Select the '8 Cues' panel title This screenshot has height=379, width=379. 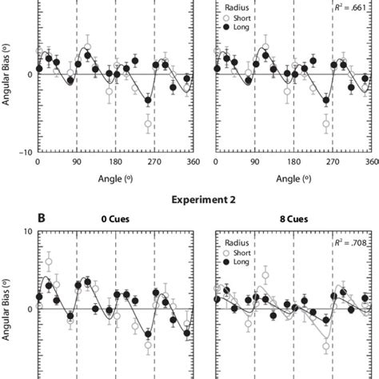(293, 217)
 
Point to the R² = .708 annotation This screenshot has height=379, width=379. (353, 237)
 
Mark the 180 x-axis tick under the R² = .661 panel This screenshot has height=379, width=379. (293, 161)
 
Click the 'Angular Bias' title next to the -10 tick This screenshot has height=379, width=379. (7, 76)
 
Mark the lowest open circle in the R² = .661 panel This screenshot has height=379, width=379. (326, 124)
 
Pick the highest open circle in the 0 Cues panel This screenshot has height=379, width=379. (49, 261)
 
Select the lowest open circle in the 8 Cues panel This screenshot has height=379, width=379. (326, 347)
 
